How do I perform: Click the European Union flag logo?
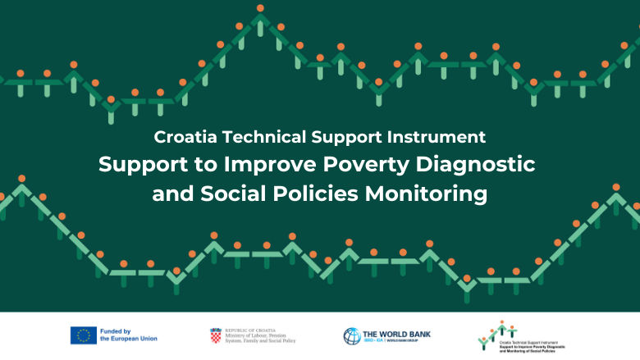click(83, 335)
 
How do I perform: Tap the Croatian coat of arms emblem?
click(216, 335)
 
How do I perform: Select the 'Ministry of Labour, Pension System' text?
click(260, 335)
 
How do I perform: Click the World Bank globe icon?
click(351, 335)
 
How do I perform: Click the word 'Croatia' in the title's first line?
click(182, 136)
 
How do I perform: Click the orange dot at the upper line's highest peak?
click(260, 9)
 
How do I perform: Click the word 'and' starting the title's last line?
click(170, 194)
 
